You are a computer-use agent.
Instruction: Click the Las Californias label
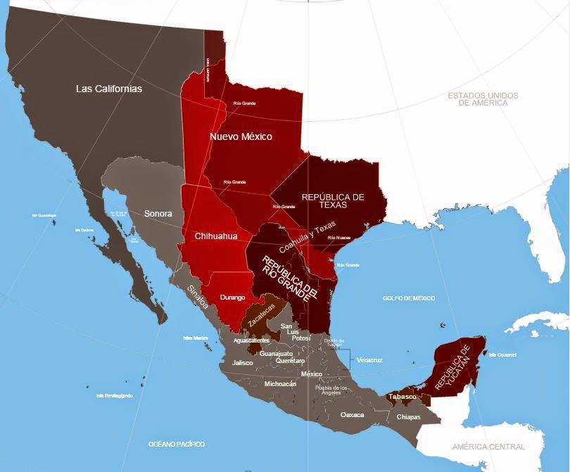tap(109, 89)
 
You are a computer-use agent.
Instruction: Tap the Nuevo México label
tap(241, 136)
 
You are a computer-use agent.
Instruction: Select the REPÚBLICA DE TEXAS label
tap(332, 202)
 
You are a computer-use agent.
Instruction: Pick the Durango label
tap(232, 298)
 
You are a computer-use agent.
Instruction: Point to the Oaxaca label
tap(352, 415)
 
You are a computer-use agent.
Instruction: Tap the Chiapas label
tap(408, 417)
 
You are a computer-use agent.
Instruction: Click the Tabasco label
tap(402, 397)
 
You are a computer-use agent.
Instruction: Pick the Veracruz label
tap(370, 359)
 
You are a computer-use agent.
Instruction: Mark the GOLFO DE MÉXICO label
tap(409, 298)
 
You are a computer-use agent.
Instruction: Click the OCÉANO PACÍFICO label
tap(177, 445)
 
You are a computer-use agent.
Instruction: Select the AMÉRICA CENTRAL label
tap(488, 447)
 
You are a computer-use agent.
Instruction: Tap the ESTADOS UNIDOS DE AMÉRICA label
tap(483, 98)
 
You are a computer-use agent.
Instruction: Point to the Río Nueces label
tap(338, 238)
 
